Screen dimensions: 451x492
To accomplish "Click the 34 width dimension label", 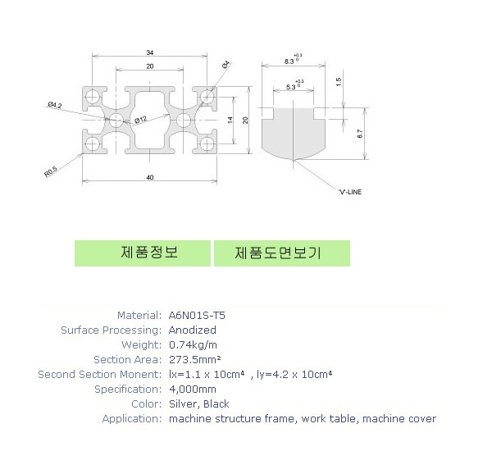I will (x=149, y=52).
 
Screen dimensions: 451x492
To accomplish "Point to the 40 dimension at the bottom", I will (x=149, y=176).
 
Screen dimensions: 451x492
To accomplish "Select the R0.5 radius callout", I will (x=51, y=172).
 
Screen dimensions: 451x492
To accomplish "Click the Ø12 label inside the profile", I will (x=141, y=120).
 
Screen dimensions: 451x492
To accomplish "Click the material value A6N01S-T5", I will (x=197, y=315).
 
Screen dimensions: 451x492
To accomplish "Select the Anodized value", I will (x=193, y=330).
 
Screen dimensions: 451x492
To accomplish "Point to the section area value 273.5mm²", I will (x=194, y=359).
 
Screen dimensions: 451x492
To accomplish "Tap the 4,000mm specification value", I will (x=192, y=389).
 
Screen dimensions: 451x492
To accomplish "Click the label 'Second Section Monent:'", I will (x=99, y=374).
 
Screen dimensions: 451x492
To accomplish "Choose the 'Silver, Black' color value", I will (x=198, y=403).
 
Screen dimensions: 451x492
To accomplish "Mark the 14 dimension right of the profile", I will (x=232, y=120).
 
